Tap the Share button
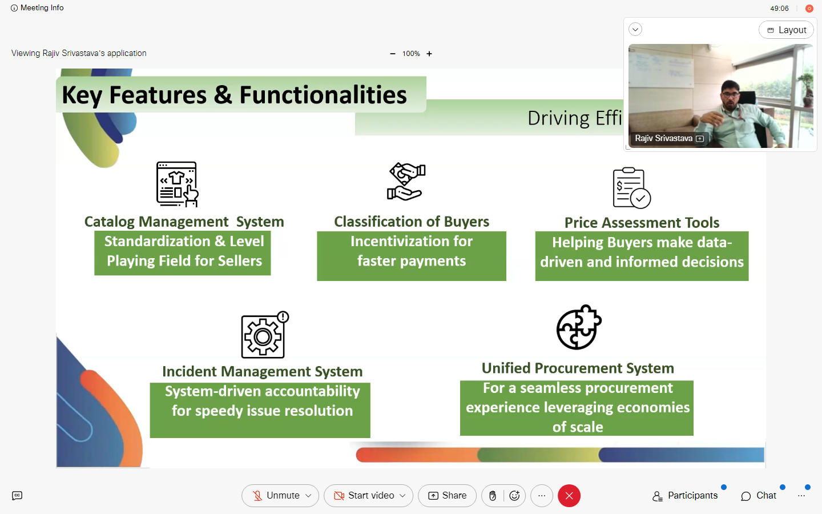pyautogui.click(x=447, y=496)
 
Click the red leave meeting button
pyautogui.click(x=569, y=496)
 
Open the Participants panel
pyautogui.click(x=685, y=496)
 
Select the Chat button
pyautogui.click(x=759, y=496)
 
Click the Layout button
pyautogui.click(x=786, y=30)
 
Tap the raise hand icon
pyautogui.click(x=493, y=496)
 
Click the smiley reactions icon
pyautogui.click(x=514, y=496)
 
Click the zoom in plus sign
pyautogui.click(x=429, y=54)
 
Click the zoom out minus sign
pyautogui.click(x=392, y=54)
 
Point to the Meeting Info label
pyautogui.click(x=42, y=8)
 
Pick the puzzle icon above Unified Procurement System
pyautogui.click(x=578, y=327)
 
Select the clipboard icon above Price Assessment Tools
pyautogui.click(x=631, y=188)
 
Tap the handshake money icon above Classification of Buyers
pyautogui.click(x=406, y=182)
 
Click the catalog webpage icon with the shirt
pyautogui.click(x=177, y=184)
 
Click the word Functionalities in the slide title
pyautogui.click(x=323, y=95)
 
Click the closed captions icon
pyautogui.click(x=17, y=496)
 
